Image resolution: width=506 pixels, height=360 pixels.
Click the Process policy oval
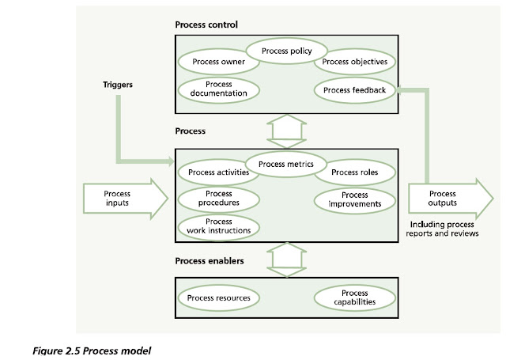tap(286, 51)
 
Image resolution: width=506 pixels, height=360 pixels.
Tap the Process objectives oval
tap(354, 62)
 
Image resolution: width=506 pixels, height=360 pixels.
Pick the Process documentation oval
tap(219, 88)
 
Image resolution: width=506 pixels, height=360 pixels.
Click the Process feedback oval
tap(354, 90)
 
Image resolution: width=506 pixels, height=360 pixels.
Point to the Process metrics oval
tap(286, 165)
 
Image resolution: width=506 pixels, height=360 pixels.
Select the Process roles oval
tap(354, 172)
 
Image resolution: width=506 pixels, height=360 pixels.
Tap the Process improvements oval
tap(354, 199)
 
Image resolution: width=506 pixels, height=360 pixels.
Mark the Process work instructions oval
tap(219, 226)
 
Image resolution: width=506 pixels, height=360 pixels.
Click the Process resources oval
tap(219, 298)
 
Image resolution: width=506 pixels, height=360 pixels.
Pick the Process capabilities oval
tap(354, 297)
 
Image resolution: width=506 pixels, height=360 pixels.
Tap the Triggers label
tap(119, 83)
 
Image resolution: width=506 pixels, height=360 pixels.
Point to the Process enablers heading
tap(210, 260)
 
